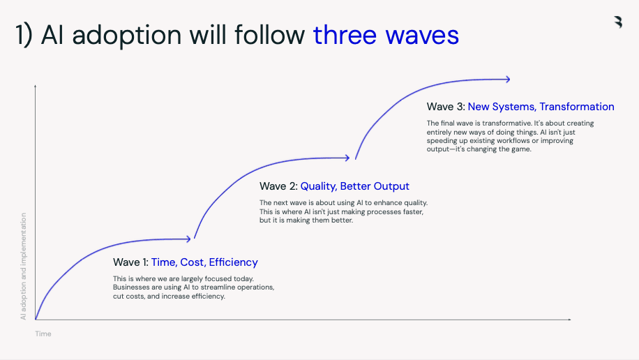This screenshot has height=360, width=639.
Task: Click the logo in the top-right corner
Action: pos(618,22)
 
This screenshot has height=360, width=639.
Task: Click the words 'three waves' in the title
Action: pos(386,35)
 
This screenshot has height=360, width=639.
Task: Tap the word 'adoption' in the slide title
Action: pos(127,36)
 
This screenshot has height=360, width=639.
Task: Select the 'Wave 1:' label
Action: pos(130,262)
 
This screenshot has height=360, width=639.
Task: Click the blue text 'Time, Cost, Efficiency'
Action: pos(204,262)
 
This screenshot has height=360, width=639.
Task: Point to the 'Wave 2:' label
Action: pos(278,186)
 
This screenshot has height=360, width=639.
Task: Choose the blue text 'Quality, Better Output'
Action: pos(354,186)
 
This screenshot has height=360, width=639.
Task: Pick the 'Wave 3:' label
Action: pos(446,107)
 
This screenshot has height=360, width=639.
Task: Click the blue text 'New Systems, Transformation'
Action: pos(541,107)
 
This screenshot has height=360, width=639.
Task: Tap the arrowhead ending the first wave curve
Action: pos(188,239)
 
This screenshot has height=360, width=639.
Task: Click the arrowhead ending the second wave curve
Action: pos(347,158)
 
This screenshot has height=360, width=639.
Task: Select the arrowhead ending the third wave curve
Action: pos(508,79)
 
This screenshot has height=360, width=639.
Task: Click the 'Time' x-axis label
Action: pos(43,334)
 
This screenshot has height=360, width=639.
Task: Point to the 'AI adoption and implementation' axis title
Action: pos(23,267)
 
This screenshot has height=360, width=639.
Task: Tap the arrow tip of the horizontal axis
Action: pos(571,320)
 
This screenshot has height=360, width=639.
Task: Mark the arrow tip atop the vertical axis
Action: pos(36,86)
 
